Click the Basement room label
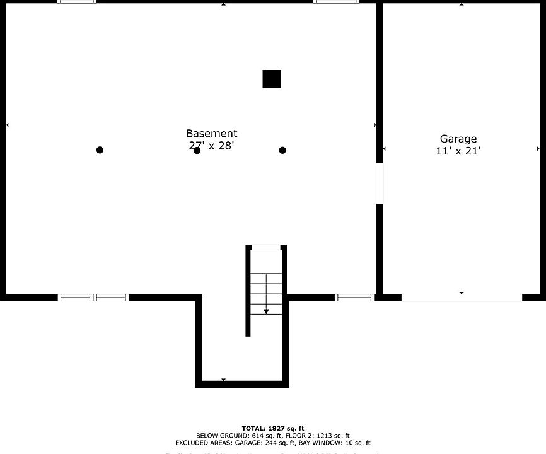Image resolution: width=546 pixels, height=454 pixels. pyautogui.click(x=211, y=134)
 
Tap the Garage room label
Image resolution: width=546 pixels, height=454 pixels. pyautogui.click(x=458, y=139)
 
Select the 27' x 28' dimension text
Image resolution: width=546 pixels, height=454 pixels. pyautogui.click(x=211, y=146)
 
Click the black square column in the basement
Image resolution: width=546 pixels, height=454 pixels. pyautogui.click(x=272, y=79)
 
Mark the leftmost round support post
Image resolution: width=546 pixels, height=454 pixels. pyautogui.click(x=100, y=150)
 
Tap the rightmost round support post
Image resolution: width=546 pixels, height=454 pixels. pyautogui.click(x=282, y=150)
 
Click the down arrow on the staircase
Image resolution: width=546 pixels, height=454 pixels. pyautogui.click(x=266, y=310)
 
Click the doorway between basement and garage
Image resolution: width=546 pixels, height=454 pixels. pyautogui.click(x=380, y=183)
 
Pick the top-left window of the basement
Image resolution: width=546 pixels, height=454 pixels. pyautogui.click(x=77, y=2)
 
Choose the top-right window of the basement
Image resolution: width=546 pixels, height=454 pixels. pyautogui.click(x=337, y=2)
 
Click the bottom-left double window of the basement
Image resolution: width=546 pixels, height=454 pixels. pyautogui.click(x=93, y=298)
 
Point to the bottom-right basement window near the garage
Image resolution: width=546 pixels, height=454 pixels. pyautogui.click(x=354, y=298)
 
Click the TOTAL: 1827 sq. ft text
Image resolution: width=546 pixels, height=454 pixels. pyautogui.click(x=272, y=428)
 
